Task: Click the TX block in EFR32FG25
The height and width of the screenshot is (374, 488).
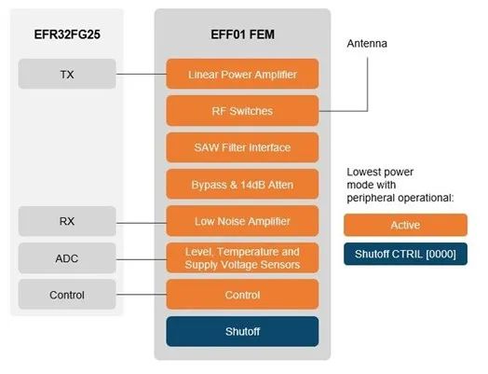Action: pyautogui.click(x=67, y=74)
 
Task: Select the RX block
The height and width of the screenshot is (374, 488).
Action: pyautogui.click(x=67, y=221)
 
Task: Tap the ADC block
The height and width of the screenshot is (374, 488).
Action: pyautogui.click(x=67, y=258)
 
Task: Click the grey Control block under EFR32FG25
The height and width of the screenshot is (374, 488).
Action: pyautogui.click(x=67, y=295)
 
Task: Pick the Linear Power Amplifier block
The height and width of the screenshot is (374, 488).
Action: pyautogui.click(x=242, y=74)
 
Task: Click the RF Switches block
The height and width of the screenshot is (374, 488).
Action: pyautogui.click(x=242, y=111)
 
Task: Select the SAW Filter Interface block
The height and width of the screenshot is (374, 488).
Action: pyautogui.click(x=242, y=147)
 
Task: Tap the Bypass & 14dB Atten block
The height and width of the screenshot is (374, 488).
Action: pyautogui.click(x=242, y=184)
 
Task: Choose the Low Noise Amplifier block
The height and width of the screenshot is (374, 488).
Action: pyautogui.click(x=242, y=221)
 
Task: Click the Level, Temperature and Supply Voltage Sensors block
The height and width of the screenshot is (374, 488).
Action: pyautogui.click(x=242, y=258)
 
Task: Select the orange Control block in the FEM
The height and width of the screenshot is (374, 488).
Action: pyautogui.click(x=242, y=295)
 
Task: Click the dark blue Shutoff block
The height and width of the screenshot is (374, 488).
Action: pyautogui.click(x=242, y=331)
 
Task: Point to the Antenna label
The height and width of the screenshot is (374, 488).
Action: pyautogui.click(x=367, y=44)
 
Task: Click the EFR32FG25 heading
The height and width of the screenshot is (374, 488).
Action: pyautogui.click(x=67, y=35)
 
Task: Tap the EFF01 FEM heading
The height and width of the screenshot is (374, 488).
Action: pyautogui.click(x=243, y=35)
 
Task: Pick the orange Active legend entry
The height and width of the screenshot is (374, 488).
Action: pyautogui.click(x=405, y=225)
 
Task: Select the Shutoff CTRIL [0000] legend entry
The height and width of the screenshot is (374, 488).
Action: pyautogui.click(x=405, y=254)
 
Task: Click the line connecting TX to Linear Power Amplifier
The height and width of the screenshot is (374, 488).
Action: pyautogui.click(x=141, y=75)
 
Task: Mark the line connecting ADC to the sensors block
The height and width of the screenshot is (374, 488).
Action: pyautogui.click(x=141, y=259)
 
